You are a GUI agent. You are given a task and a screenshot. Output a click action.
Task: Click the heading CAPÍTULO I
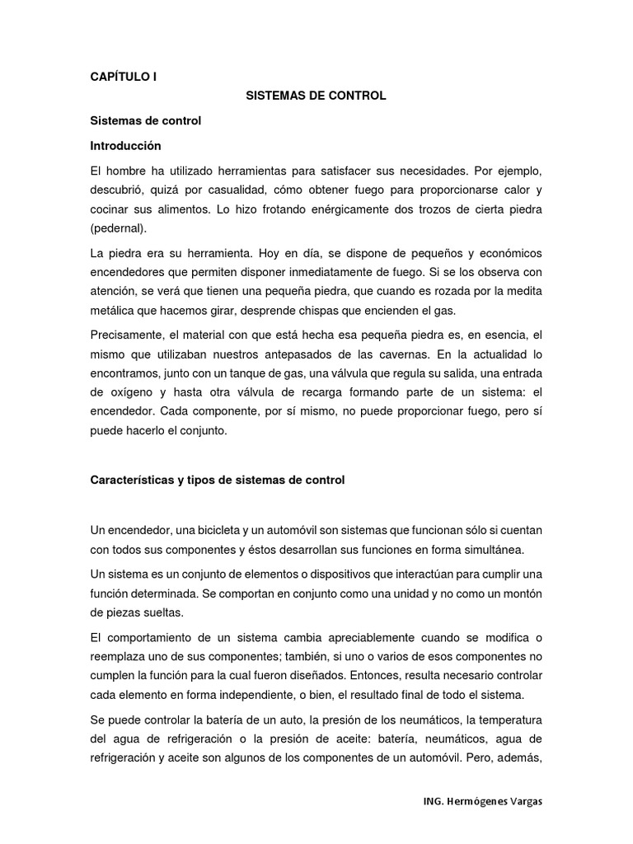coord(123,77)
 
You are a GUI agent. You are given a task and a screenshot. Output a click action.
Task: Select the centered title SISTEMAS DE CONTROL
coord(316,96)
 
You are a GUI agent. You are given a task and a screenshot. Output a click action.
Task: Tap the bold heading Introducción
coord(125,145)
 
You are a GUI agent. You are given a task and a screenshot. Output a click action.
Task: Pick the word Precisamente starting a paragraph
coord(127,335)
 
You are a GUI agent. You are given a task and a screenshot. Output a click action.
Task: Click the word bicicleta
coord(216,530)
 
